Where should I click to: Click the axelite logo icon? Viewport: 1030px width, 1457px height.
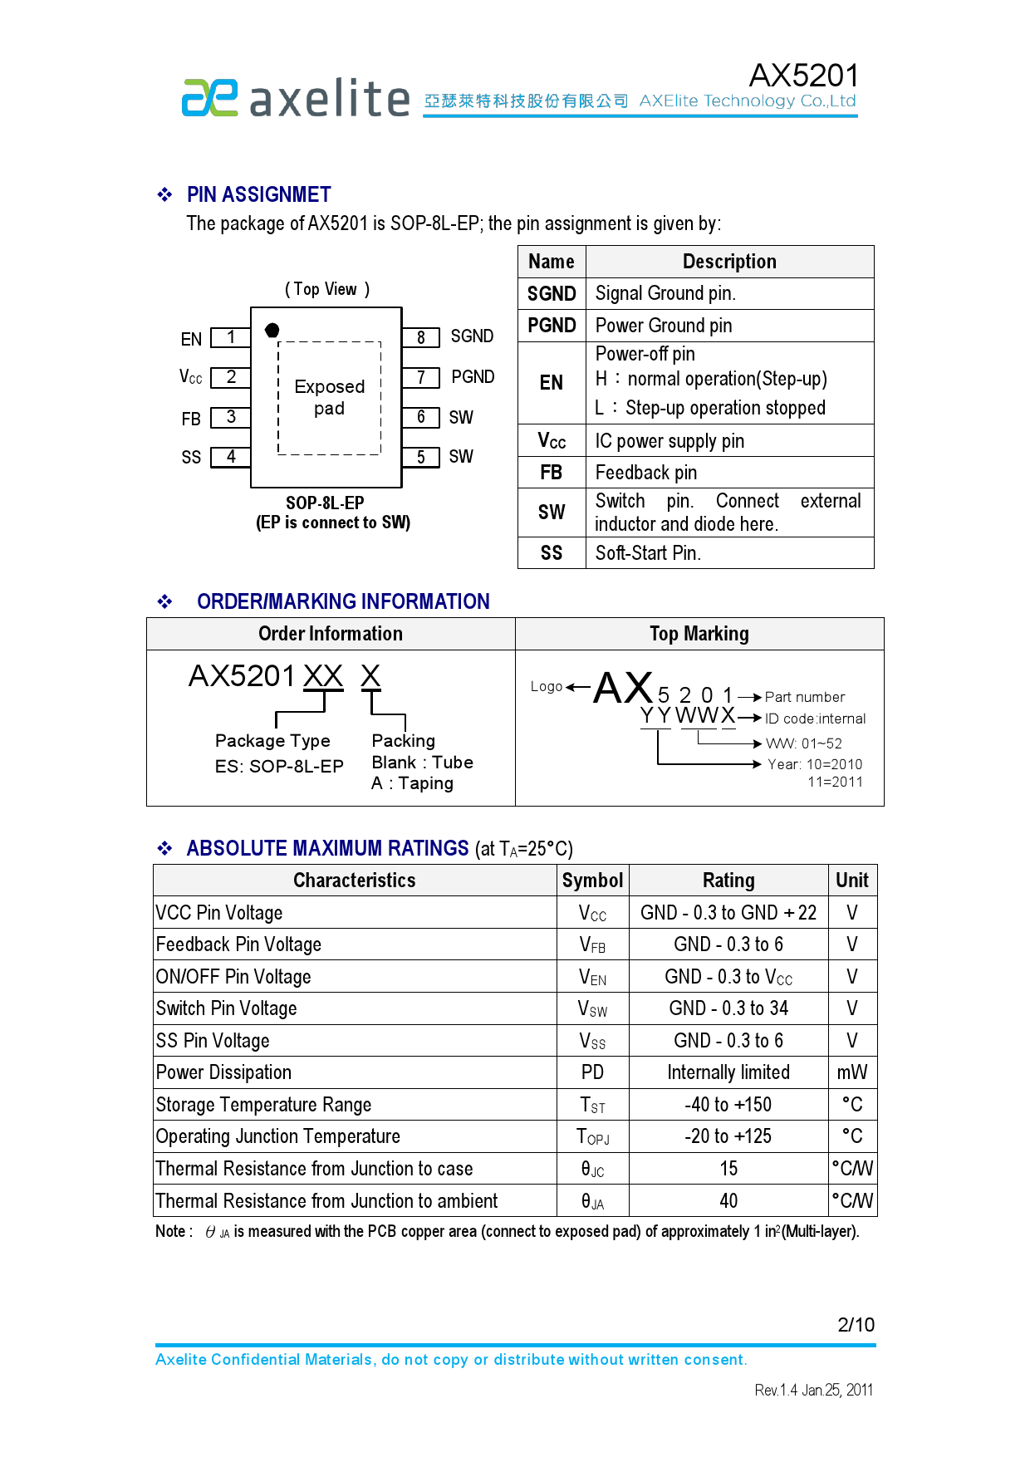click(x=209, y=98)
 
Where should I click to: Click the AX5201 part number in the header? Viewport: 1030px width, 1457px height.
click(x=803, y=76)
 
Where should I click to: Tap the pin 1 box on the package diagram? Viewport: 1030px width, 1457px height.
click(x=231, y=337)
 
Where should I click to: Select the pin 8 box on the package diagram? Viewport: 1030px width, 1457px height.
click(x=421, y=337)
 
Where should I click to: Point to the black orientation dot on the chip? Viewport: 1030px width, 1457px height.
click(x=272, y=331)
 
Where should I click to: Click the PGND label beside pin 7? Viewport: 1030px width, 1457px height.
click(x=473, y=377)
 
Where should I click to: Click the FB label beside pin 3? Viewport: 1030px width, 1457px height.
click(x=191, y=419)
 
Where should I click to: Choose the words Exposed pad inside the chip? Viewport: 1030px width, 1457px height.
click(x=330, y=397)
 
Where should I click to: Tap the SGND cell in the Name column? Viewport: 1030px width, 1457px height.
click(x=552, y=294)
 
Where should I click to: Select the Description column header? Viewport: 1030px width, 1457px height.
click(x=729, y=262)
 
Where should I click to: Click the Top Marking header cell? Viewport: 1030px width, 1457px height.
click(x=699, y=634)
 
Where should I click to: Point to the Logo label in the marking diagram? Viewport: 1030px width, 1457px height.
click(x=547, y=686)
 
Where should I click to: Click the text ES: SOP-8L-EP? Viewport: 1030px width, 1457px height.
click(x=279, y=767)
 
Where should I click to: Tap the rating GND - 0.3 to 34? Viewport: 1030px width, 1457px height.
click(x=728, y=1008)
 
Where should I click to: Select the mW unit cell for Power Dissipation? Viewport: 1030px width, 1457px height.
click(x=852, y=1072)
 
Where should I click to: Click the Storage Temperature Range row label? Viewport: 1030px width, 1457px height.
click(x=263, y=1105)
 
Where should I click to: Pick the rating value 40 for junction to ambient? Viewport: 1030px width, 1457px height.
click(x=728, y=1201)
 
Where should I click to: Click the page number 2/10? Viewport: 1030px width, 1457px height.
click(x=856, y=1325)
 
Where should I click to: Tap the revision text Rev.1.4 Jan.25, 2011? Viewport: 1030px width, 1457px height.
click(x=813, y=1390)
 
